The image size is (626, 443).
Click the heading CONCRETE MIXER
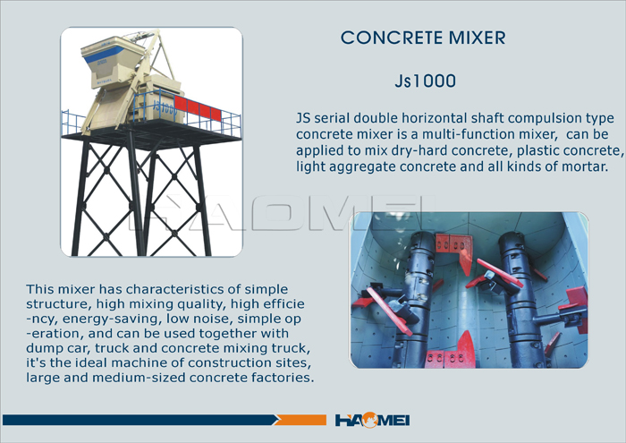pyautogui.click(x=423, y=38)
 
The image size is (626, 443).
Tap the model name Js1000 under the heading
pyautogui.click(x=425, y=81)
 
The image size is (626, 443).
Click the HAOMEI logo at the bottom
pyautogui.click(x=372, y=421)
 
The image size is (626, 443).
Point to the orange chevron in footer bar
pyautogui.click(x=301, y=420)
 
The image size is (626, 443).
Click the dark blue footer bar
pyautogui.click(x=140, y=420)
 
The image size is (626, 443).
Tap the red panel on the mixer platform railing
pyautogui.click(x=198, y=107)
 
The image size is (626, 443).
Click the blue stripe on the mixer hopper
pyautogui.click(x=105, y=54)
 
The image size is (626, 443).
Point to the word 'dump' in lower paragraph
pyautogui.click(x=41, y=348)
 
